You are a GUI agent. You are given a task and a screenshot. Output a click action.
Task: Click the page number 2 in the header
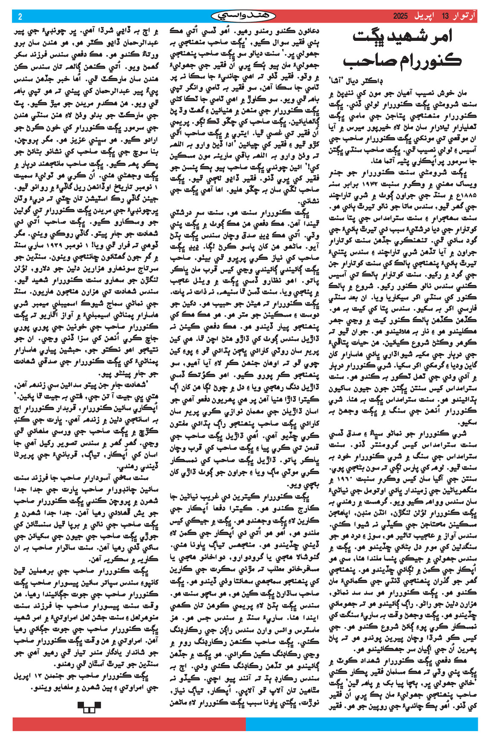click(x=20, y=17)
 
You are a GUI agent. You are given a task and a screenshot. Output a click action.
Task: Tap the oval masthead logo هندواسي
click(x=243, y=16)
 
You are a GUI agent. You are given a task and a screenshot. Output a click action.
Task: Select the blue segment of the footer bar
click(x=362, y=724)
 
